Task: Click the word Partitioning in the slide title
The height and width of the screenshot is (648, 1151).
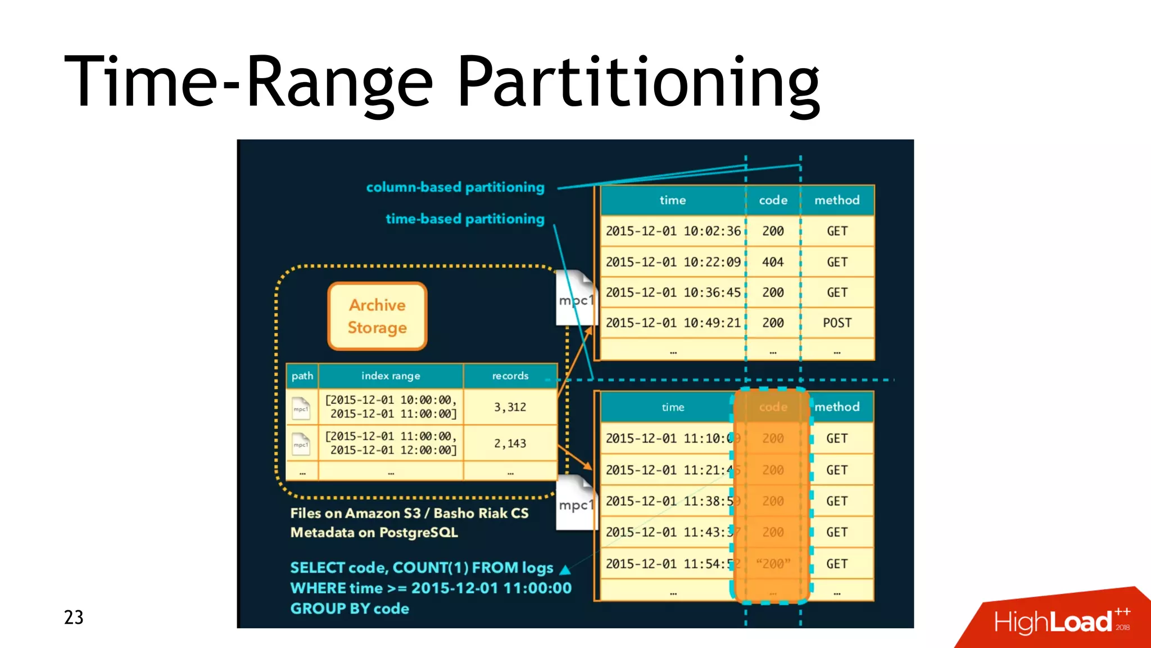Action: [639, 82]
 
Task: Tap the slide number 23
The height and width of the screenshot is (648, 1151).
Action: [74, 618]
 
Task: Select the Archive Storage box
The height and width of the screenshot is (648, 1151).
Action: [377, 316]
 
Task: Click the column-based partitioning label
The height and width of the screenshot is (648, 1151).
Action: [455, 187]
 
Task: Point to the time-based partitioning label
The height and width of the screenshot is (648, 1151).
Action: [465, 219]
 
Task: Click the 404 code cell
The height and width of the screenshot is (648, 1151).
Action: [773, 262]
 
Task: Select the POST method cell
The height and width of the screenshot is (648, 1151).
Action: [837, 323]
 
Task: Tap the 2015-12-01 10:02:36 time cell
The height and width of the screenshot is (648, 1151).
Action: [673, 231]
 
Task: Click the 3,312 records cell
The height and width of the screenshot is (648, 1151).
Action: [510, 407]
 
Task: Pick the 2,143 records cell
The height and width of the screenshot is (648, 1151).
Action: [510, 443]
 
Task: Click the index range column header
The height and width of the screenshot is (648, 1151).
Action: [391, 376]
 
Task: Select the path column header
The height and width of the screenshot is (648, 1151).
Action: [302, 376]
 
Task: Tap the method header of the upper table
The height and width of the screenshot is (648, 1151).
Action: [837, 200]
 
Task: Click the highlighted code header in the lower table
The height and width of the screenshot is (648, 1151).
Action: [773, 407]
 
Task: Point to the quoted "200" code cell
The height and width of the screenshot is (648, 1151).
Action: [773, 564]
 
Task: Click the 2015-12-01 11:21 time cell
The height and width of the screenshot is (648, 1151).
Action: [669, 470]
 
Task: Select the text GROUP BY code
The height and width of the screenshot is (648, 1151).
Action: [350, 609]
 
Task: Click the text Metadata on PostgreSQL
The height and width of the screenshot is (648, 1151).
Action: [374, 533]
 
